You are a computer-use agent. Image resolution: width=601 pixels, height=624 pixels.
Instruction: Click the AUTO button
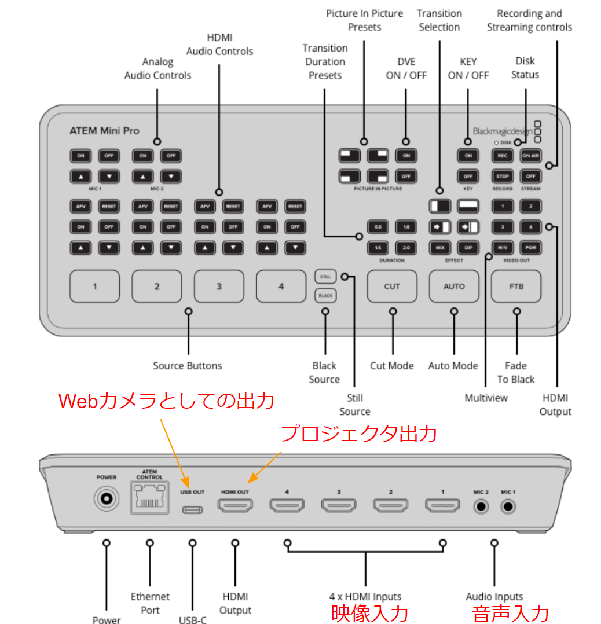coord(454,286)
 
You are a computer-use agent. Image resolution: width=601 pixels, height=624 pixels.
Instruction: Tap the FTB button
coord(516,286)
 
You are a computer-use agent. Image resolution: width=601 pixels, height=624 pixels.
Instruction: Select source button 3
coord(219,286)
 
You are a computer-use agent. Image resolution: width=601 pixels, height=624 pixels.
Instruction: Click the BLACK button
coord(325,296)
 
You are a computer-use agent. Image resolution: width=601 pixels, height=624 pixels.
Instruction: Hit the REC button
coord(502,155)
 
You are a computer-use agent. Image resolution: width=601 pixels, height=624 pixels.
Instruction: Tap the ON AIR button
coord(530,155)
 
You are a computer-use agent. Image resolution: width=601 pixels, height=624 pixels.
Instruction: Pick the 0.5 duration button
coord(378,226)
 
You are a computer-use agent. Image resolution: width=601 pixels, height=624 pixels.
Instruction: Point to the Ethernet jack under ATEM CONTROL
coord(150,498)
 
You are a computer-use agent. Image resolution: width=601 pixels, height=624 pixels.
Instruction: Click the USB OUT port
coord(192,510)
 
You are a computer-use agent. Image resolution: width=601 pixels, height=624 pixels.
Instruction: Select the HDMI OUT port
coord(235,506)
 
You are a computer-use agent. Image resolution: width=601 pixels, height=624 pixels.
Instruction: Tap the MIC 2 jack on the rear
coord(480,507)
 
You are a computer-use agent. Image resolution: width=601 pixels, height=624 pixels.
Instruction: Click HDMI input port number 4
coord(287,506)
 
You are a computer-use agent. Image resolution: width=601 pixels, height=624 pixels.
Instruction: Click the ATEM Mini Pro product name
coord(104,130)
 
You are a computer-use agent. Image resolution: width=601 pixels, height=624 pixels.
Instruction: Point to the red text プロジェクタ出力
coord(358,433)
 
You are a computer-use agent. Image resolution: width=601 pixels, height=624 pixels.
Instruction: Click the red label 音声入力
coord(510,613)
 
